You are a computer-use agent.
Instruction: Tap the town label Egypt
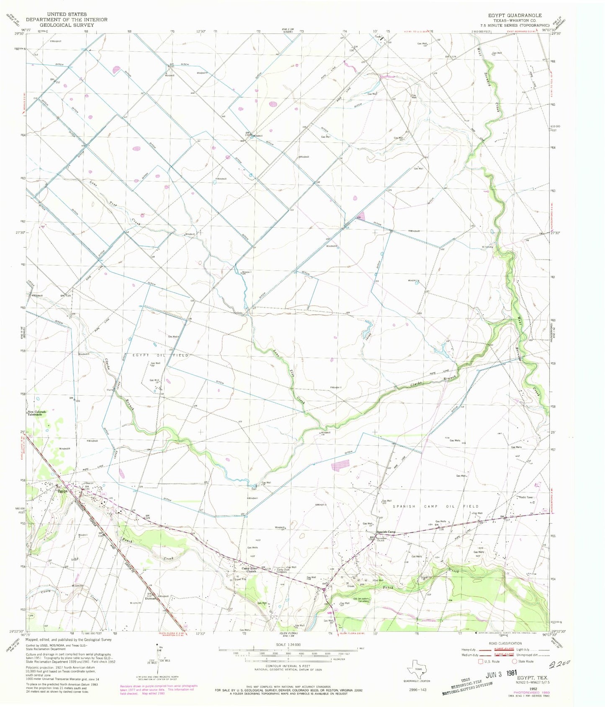(62, 492)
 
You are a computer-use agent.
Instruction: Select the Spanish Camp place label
(386, 532)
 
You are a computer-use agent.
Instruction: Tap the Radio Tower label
(527, 497)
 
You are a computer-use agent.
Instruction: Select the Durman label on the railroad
(149, 599)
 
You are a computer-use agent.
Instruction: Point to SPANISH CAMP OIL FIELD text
(435, 506)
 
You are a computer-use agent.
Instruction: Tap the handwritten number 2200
(559, 662)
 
